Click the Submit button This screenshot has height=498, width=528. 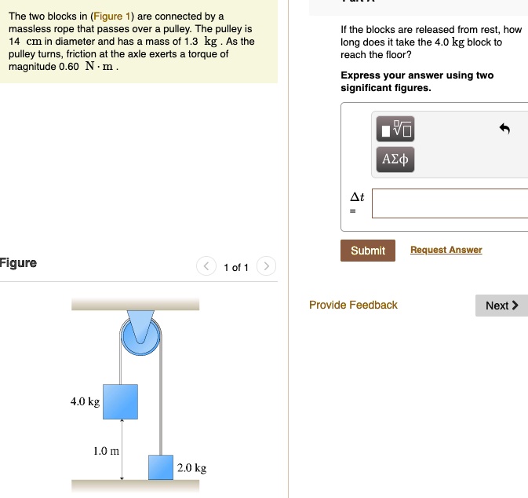368,251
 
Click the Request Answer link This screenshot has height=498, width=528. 446,250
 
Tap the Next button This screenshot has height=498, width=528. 501,306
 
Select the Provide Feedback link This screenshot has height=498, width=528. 353,305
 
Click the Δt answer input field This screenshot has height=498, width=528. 450,203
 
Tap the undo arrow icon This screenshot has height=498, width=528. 504,129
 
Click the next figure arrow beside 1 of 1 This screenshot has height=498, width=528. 266,267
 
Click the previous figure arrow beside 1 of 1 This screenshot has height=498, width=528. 206,267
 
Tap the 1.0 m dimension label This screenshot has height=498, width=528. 106,451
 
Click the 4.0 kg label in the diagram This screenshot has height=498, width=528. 85,401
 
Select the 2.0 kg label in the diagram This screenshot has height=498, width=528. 192,468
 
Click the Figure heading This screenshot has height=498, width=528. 18,262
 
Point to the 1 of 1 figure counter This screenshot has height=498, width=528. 235,268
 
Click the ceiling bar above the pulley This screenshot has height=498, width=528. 135,304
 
